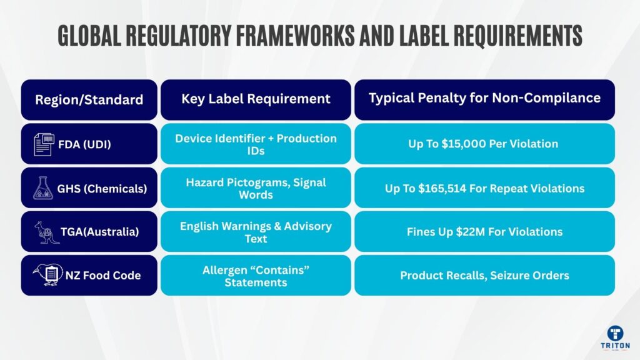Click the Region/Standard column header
point(89,99)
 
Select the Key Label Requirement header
point(256,99)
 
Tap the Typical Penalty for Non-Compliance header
point(484,98)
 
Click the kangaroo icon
point(47,231)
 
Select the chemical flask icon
point(47,187)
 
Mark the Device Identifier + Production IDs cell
point(256,144)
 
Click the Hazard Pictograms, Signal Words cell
point(256,187)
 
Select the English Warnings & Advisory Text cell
point(256,231)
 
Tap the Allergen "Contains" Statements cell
point(256,275)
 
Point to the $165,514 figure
point(462,188)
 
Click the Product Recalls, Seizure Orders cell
point(484,276)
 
